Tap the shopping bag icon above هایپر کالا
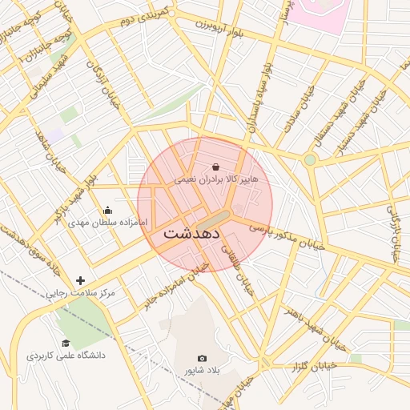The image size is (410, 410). point(217,167)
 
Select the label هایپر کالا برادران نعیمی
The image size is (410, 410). point(216,180)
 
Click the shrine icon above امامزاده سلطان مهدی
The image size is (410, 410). point(107,210)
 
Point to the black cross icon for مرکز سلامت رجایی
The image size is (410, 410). point(79,280)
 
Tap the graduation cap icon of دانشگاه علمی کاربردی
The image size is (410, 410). point(66,343)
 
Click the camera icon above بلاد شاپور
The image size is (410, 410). point(202,358)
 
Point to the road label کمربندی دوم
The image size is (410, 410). point(143,27)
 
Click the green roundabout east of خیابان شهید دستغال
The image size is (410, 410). point(310,160)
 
